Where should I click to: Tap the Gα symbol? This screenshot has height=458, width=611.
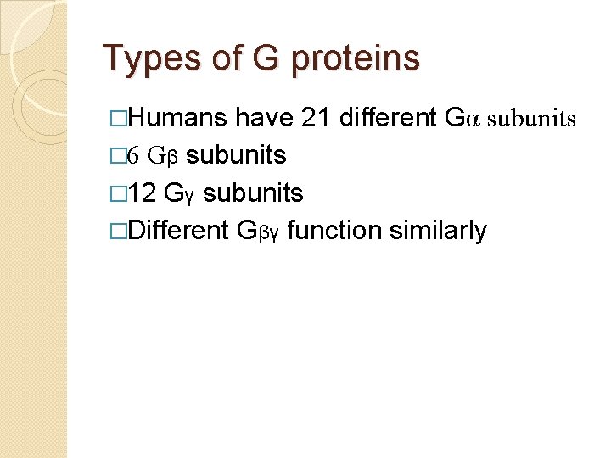pos(462,119)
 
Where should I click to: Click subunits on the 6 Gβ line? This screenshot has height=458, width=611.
pos(235,156)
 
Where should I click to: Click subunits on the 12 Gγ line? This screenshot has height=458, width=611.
pos(253,193)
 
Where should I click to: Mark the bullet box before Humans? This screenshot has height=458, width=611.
pos(120,119)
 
